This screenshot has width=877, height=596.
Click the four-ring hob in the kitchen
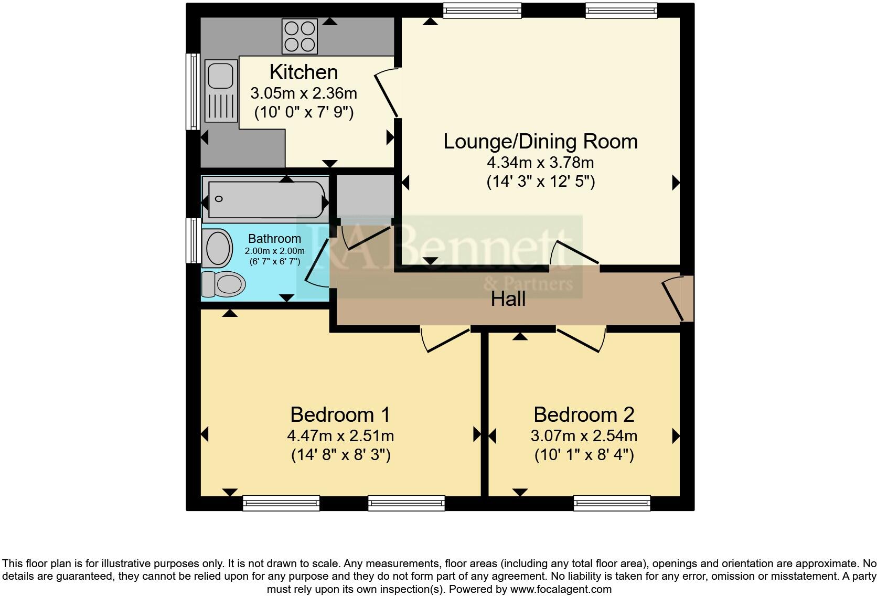pos(300,36)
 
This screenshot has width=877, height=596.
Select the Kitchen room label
pos(304,72)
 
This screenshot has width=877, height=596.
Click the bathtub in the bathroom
pos(266,199)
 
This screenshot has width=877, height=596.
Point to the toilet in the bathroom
pos(224,284)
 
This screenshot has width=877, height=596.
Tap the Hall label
pos(508,300)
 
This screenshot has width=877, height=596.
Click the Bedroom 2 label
pos(584,414)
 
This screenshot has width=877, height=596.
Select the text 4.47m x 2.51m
pos(340,435)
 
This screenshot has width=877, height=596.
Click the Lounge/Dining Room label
pos(540,141)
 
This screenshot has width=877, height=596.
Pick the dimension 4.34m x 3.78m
pos(540,162)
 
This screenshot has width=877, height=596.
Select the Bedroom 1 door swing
pos(446,340)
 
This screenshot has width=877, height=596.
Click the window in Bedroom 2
pos(612,503)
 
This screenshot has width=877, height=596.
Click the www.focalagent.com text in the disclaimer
pos(561,589)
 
